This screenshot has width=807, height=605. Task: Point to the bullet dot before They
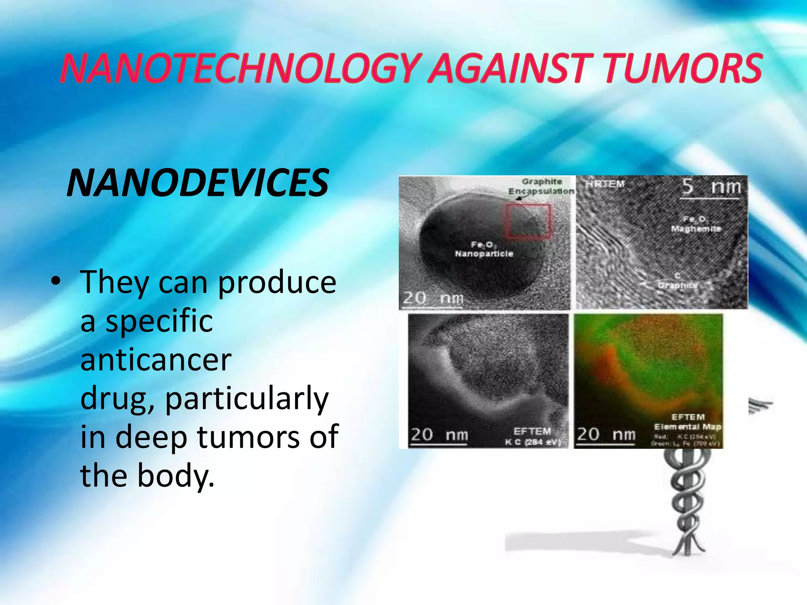[x=56, y=281]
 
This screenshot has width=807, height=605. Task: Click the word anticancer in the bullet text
[x=156, y=360]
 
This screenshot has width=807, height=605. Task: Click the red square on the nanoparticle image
[x=528, y=221]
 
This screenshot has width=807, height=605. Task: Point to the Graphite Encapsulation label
[x=541, y=186]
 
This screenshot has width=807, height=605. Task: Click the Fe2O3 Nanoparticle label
[x=484, y=249]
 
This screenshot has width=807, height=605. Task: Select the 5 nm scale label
[x=711, y=186]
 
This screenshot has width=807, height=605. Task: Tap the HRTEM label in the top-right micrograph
[x=605, y=184]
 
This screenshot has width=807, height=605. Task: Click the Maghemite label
[x=696, y=228]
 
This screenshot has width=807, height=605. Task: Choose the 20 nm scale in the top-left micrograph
[x=433, y=298]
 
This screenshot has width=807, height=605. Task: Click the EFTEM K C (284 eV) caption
[x=533, y=436]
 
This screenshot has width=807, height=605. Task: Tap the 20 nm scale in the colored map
[x=606, y=435]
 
